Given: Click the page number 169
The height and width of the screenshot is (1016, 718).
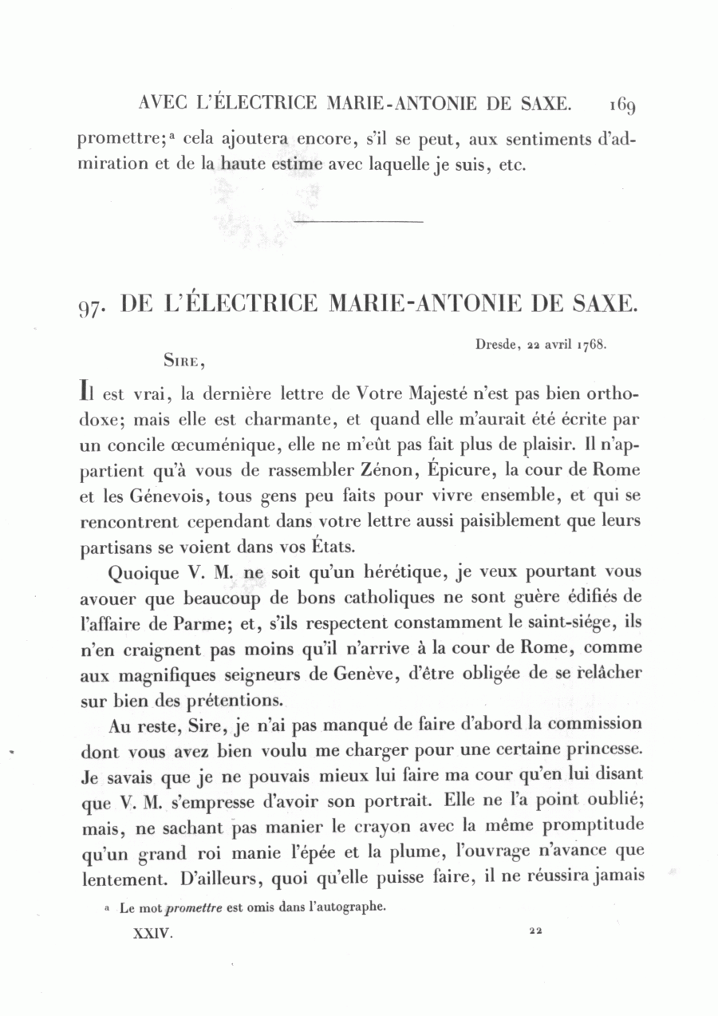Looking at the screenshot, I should (x=620, y=104).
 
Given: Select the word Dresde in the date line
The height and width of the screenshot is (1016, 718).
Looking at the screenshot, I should (x=495, y=346).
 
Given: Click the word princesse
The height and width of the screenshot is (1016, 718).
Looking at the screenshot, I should (x=599, y=751).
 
